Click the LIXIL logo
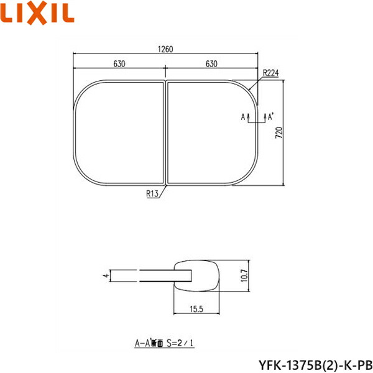(x=38, y=12)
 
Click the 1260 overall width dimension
(x=165, y=50)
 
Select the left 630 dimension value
(x=120, y=63)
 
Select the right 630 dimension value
(x=211, y=63)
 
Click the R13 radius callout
(x=152, y=194)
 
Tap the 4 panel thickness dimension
(x=106, y=274)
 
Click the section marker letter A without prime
(x=242, y=116)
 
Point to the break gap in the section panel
(x=140, y=275)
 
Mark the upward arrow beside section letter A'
(x=265, y=116)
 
